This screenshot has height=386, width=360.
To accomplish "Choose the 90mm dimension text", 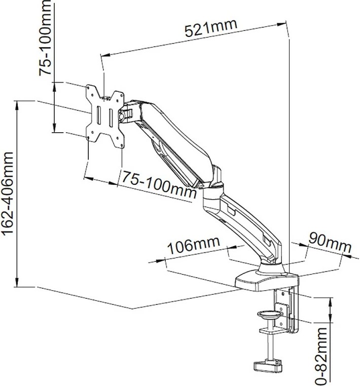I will pos(330,243).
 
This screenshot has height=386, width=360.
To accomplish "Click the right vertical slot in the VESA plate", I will pos(110,115).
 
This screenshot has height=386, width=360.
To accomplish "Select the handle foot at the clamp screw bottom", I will pos(266,364).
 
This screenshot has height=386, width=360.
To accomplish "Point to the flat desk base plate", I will pos(266,278).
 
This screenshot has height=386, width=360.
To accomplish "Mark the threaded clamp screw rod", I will pos(270,347).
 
